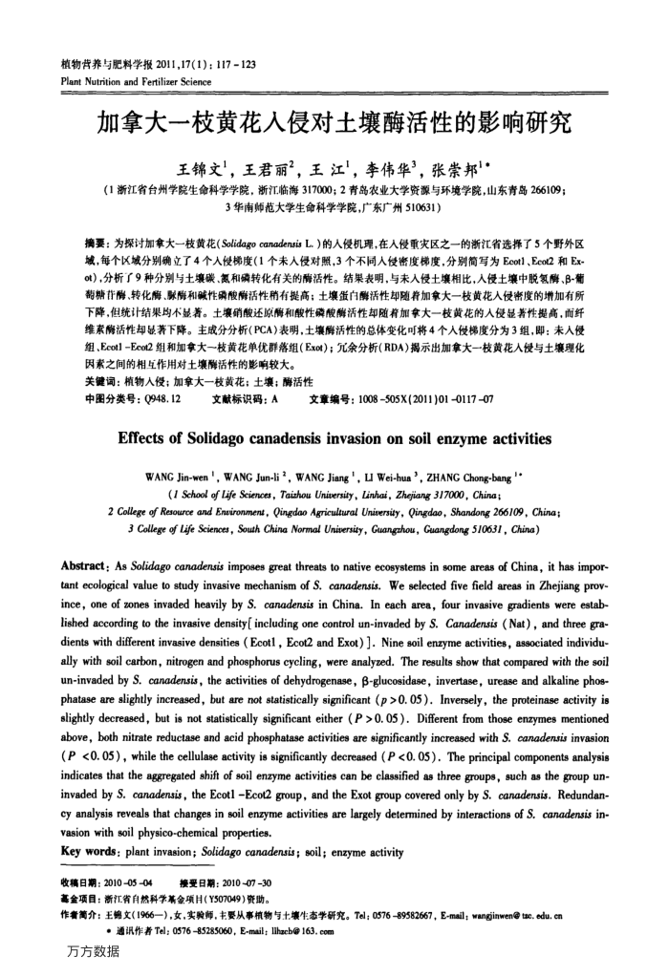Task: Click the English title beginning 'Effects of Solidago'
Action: point(334,439)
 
